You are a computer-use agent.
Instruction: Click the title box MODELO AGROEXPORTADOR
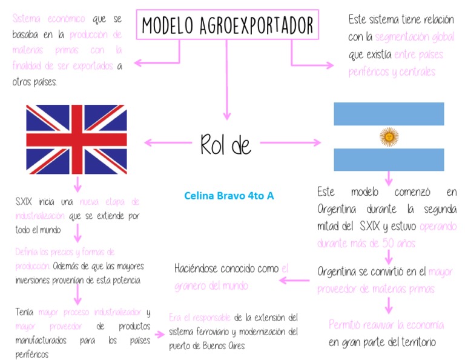point(228,25)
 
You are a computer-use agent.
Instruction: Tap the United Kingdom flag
point(76,139)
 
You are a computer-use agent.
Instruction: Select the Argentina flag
point(389,136)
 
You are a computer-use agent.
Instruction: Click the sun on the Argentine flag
point(389,137)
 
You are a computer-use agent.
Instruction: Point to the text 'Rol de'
point(225,145)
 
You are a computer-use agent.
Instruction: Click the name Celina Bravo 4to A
point(229,196)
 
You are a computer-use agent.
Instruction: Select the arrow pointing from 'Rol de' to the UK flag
point(166,143)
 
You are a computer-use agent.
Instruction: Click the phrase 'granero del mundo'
point(211,285)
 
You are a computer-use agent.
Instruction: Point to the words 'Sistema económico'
point(48,19)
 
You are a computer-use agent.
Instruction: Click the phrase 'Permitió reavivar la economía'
point(386,325)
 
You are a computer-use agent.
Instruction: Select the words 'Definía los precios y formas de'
point(65,252)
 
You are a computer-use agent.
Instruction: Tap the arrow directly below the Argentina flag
point(389,177)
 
